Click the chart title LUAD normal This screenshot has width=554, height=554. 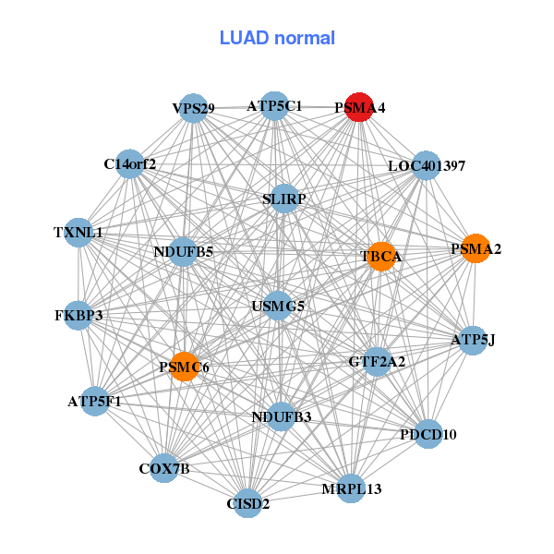click(277, 38)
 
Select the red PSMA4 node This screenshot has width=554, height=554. click(358, 107)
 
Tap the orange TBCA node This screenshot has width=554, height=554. click(380, 256)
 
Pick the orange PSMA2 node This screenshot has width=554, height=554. click(475, 248)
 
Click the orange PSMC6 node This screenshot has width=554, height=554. click(185, 367)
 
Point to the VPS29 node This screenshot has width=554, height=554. click(192, 108)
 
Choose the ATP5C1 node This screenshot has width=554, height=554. click(273, 106)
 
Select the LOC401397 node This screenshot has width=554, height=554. click(426, 166)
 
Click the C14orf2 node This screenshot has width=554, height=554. click(129, 164)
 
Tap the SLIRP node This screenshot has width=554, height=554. click(284, 199)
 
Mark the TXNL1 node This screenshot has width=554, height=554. click(78, 233)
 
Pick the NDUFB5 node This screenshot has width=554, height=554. click(183, 251)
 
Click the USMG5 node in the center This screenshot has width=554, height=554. click(278, 306)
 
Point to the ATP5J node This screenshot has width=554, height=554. click(473, 340)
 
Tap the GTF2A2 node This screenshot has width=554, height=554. click(376, 361)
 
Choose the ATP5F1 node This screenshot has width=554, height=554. click(94, 401)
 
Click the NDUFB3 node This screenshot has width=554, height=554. click(282, 416)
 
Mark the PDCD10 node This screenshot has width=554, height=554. click(428, 433)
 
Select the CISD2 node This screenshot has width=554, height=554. click(247, 503)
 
